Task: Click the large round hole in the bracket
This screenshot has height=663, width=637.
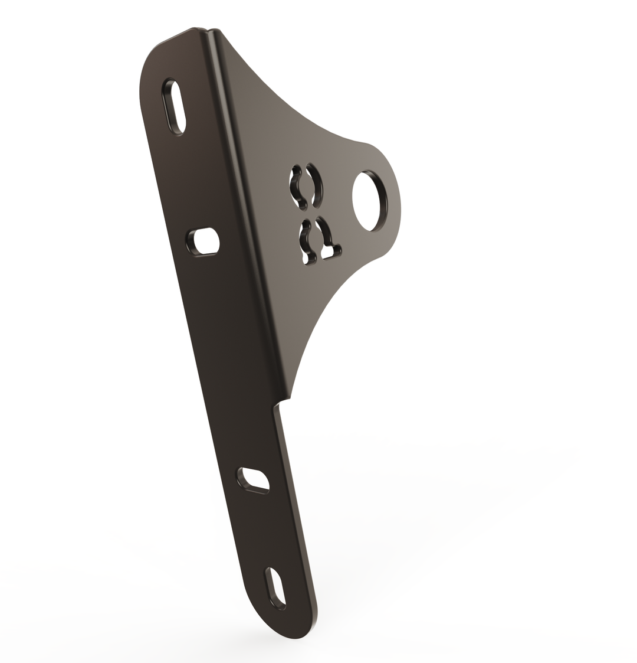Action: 369,201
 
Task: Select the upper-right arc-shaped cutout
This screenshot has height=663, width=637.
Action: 316,185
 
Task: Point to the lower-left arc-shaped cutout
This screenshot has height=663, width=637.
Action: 306,241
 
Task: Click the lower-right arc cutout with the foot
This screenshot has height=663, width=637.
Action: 328,239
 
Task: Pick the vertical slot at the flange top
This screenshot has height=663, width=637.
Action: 174,107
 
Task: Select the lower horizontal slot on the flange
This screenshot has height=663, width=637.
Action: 254,480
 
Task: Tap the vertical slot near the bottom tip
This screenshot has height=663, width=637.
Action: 276,588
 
